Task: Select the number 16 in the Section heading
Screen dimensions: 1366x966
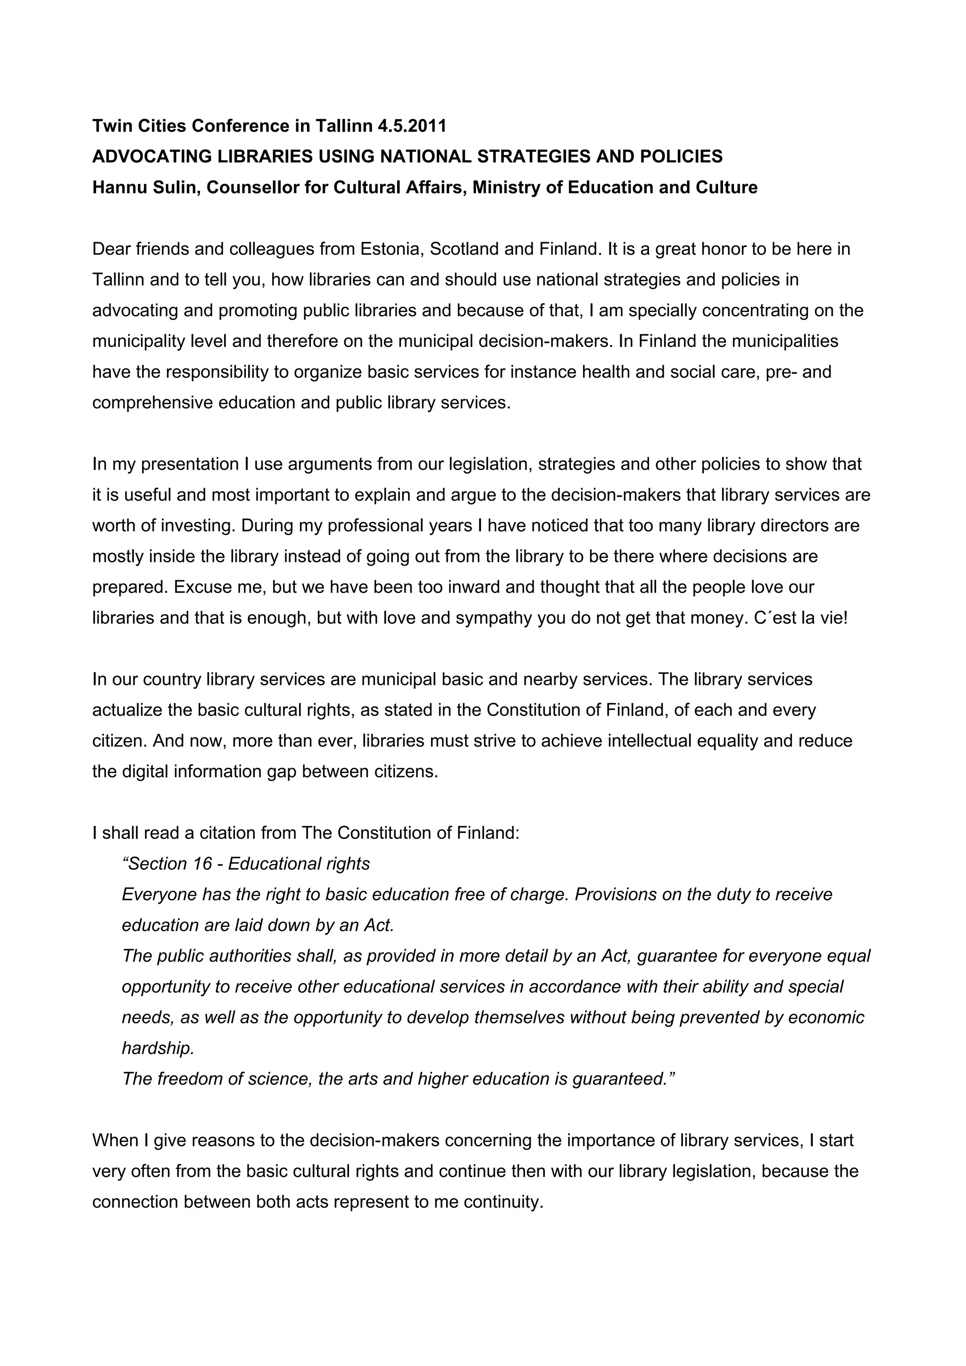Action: pos(202,864)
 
